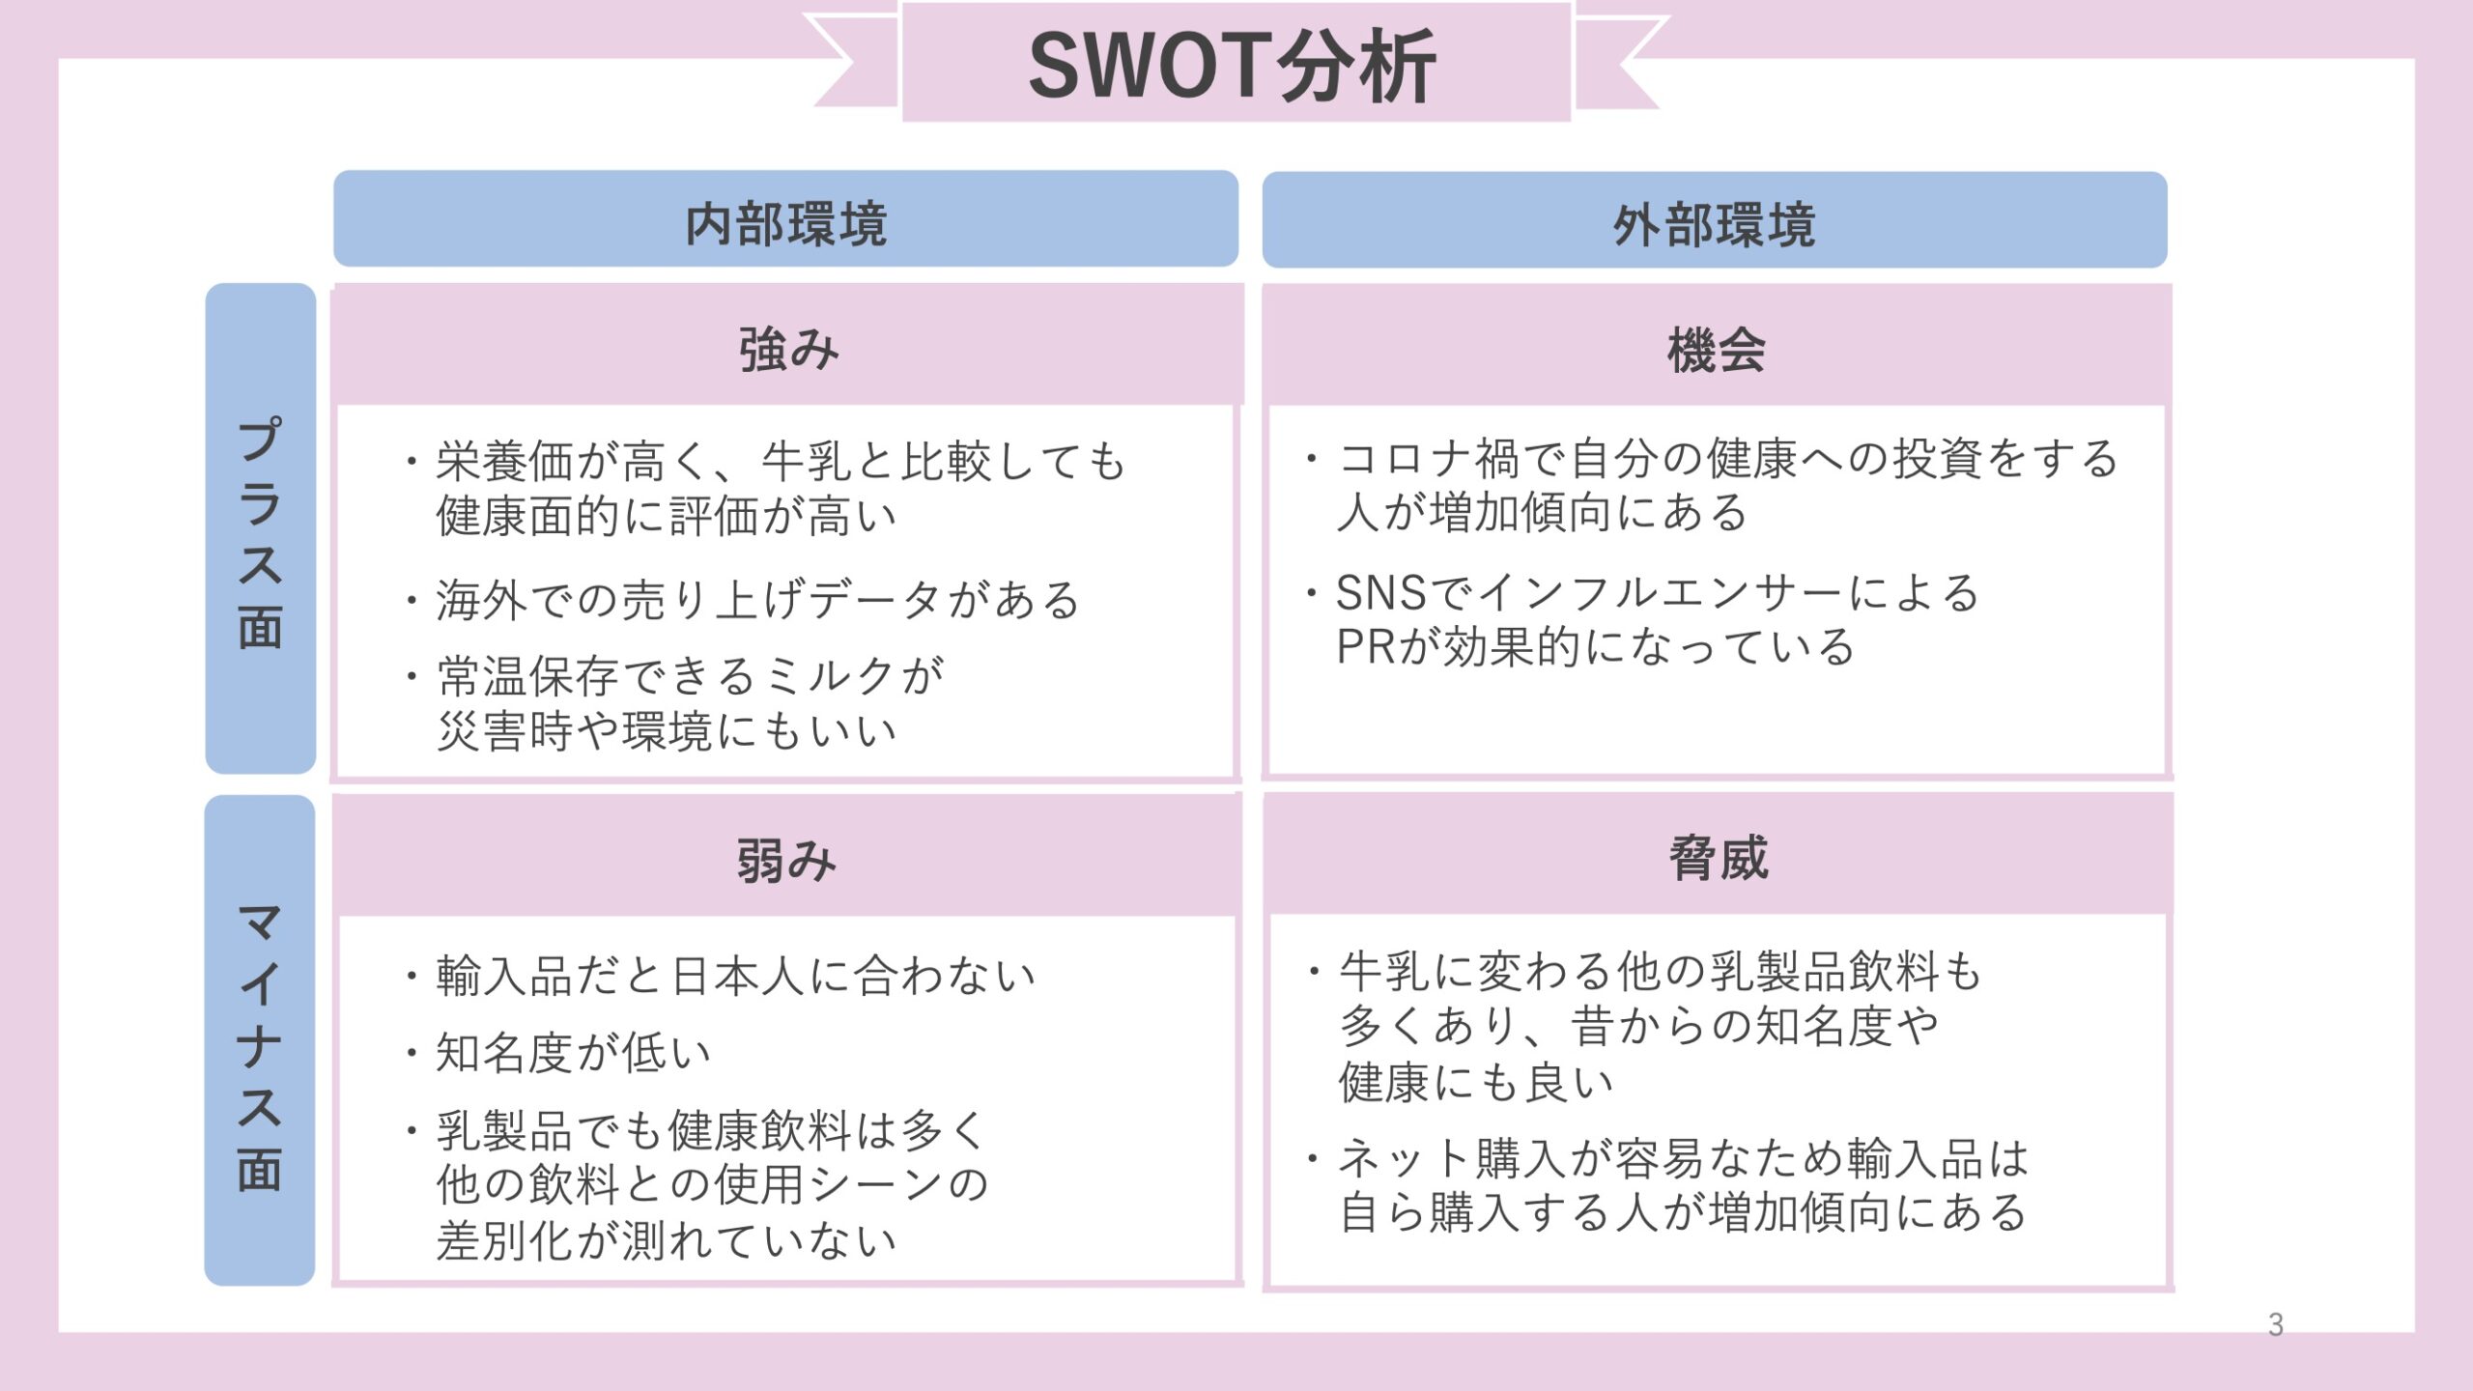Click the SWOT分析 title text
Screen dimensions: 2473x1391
point(1233,66)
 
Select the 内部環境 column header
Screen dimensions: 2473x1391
point(785,224)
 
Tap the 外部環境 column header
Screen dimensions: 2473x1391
point(1715,225)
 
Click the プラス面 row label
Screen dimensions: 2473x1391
point(260,532)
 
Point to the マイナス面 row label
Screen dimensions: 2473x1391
point(260,1047)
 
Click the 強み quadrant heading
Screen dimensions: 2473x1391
point(788,349)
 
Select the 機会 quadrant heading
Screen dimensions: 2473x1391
point(1717,350)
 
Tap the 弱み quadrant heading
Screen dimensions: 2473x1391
point(786,860)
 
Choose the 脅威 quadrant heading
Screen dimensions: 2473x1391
point(1719,858)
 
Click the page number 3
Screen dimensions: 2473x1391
point(2276,1324)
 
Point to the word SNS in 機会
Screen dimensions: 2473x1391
point(1381,593)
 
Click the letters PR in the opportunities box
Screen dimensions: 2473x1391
point(1366,647)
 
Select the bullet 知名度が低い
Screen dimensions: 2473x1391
point(574,1052)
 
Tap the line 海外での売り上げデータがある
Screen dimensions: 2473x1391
point(758,599)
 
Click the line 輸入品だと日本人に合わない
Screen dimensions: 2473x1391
point(736,975)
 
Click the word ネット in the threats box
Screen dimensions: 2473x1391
point(1406,1159)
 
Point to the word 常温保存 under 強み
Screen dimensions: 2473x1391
point(528,676)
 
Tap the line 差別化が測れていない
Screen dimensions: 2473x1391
point(667,1240)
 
